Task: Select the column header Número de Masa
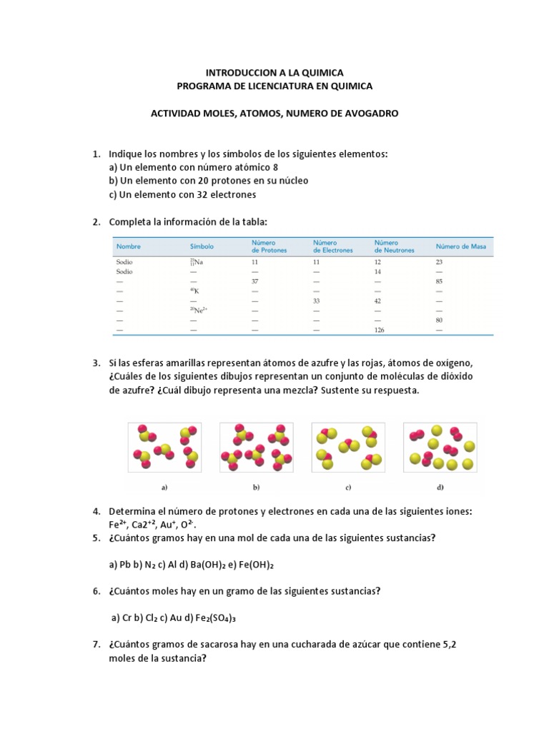460,246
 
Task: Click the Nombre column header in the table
129,246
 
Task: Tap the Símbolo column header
202,246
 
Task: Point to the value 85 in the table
440,281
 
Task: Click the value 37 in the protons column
255,281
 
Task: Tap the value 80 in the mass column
440,321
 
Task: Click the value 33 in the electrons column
317,301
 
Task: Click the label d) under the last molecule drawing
440,488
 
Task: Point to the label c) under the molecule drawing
347,488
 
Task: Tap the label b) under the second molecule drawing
256,488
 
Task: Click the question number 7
96,645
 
